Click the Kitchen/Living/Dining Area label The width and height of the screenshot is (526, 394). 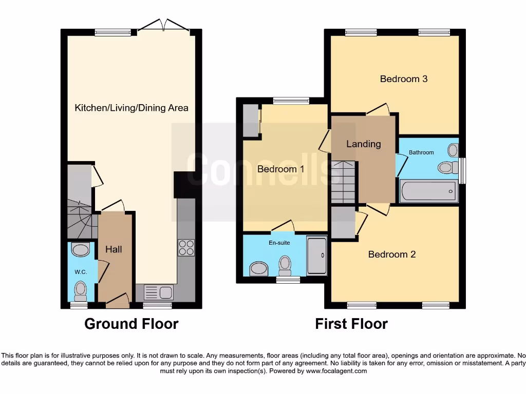coord(131,108)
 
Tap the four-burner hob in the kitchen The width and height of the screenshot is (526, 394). coord(186,248)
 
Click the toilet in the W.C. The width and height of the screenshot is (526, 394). coord(81,290)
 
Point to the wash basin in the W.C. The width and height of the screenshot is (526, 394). coord(81,250)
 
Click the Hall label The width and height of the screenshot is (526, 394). coord(114,249)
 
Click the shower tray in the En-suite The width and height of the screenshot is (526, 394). coord(316,255)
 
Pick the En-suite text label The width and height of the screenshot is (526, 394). coord(279,243)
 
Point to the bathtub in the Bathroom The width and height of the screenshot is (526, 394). coord(428,191)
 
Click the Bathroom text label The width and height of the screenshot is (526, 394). coord(421,152)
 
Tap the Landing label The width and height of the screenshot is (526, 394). coord(363,144)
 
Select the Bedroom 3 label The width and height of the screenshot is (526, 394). coord(403,78)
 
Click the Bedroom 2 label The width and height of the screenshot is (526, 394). coord(391,254)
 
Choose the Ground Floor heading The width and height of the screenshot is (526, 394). coord(131,324)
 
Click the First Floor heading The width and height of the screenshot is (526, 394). coord(351,324)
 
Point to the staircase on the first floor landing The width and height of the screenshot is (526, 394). coord(343,182)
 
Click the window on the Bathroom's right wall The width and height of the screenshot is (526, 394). coord(462,170)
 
